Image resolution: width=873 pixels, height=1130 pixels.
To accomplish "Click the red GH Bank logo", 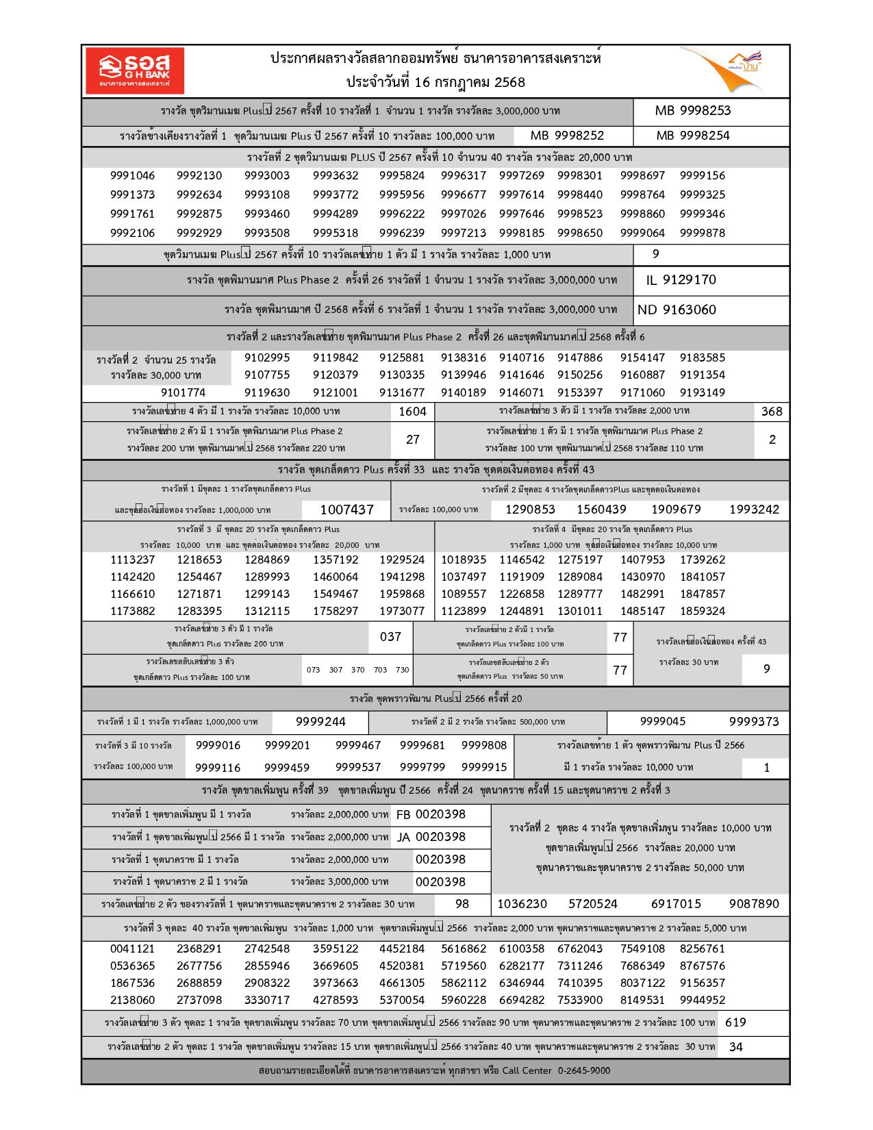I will tap(135, 71).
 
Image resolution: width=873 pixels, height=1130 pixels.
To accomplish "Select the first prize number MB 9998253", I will tap(692, 111).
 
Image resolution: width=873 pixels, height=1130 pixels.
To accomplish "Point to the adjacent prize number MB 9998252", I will tap(567, 136).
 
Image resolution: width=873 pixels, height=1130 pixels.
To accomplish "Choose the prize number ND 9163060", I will tap(676, 310).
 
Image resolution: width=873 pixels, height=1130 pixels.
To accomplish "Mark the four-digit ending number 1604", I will tap(412, 412).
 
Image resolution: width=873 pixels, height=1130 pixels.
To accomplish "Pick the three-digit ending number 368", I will tap(771, 412).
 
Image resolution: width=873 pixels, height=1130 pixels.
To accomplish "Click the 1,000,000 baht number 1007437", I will tap(346, 510).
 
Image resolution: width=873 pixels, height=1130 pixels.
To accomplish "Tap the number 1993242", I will tap(754, 510).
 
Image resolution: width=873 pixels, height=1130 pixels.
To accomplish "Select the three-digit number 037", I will tap(390, 637).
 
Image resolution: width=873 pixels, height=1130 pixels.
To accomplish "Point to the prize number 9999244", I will tap(320, 722).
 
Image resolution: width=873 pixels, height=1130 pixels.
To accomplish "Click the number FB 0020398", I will tap(431, 814).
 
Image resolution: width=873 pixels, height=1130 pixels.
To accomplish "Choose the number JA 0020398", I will tap(431, 837).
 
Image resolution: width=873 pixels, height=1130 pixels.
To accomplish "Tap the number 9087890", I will tap(754, 904).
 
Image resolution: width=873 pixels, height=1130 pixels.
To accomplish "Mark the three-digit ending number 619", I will tap(735, 1022).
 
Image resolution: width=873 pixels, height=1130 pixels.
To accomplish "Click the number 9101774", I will tap(183, 392).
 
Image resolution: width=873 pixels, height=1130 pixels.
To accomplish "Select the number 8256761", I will tap(702, 949).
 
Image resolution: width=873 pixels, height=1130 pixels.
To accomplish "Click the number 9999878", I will tap(702, 233).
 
